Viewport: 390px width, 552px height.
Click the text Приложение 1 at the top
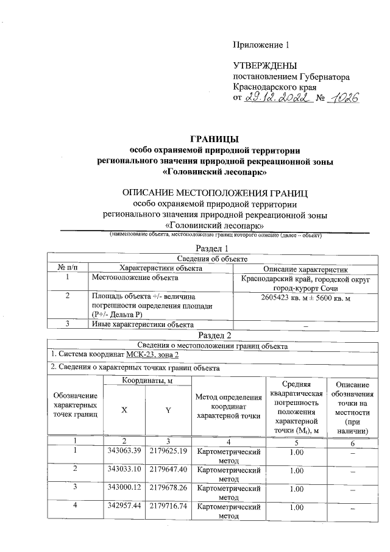(260, 45)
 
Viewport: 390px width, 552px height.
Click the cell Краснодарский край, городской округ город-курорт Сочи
(306, 282)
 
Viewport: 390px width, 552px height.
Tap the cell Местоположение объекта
(127, 278)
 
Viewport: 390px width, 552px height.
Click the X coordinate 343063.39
(124, 452)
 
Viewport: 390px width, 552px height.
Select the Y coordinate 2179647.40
(168, 470)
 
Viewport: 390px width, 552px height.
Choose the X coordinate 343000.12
(124, 489)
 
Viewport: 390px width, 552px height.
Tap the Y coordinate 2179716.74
(168, 507)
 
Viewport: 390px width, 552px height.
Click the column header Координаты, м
(147, 381)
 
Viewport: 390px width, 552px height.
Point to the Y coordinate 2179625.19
(168, 452)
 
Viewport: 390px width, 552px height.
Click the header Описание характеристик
(306, 268)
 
